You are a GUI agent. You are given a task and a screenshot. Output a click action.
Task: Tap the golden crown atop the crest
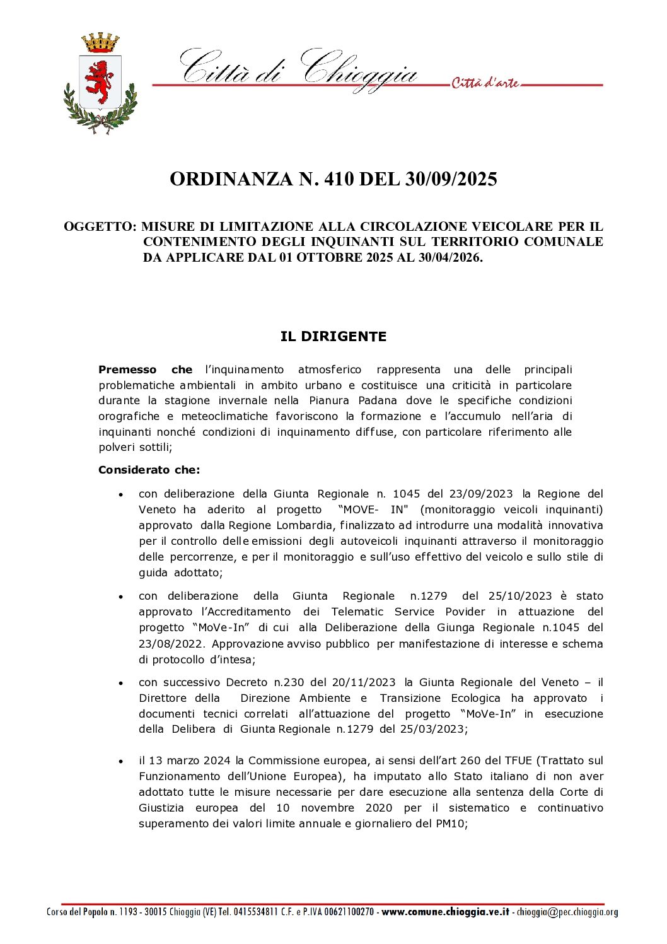pos(100,44)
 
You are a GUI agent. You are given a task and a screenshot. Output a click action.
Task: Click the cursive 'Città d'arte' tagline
pos(485,83)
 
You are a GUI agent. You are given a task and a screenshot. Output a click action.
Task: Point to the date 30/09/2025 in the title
pos(451,179)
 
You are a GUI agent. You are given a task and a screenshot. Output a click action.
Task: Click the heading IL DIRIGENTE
pos(333,337)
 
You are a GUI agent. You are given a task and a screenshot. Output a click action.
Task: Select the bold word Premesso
pos(127,370)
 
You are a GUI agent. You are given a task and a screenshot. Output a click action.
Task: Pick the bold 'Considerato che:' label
pos(149,470)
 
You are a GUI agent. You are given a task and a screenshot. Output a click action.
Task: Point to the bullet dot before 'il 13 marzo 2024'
pos(120,762)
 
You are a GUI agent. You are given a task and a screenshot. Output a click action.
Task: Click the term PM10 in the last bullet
pos(449,824)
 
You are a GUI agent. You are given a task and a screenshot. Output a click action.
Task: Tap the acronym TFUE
pos(518,760)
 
